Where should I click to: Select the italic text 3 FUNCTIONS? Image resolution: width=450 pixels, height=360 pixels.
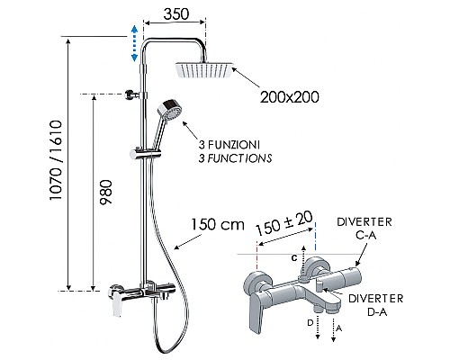(237, 157)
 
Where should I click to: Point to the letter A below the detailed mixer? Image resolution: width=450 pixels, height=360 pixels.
(337, 328)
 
